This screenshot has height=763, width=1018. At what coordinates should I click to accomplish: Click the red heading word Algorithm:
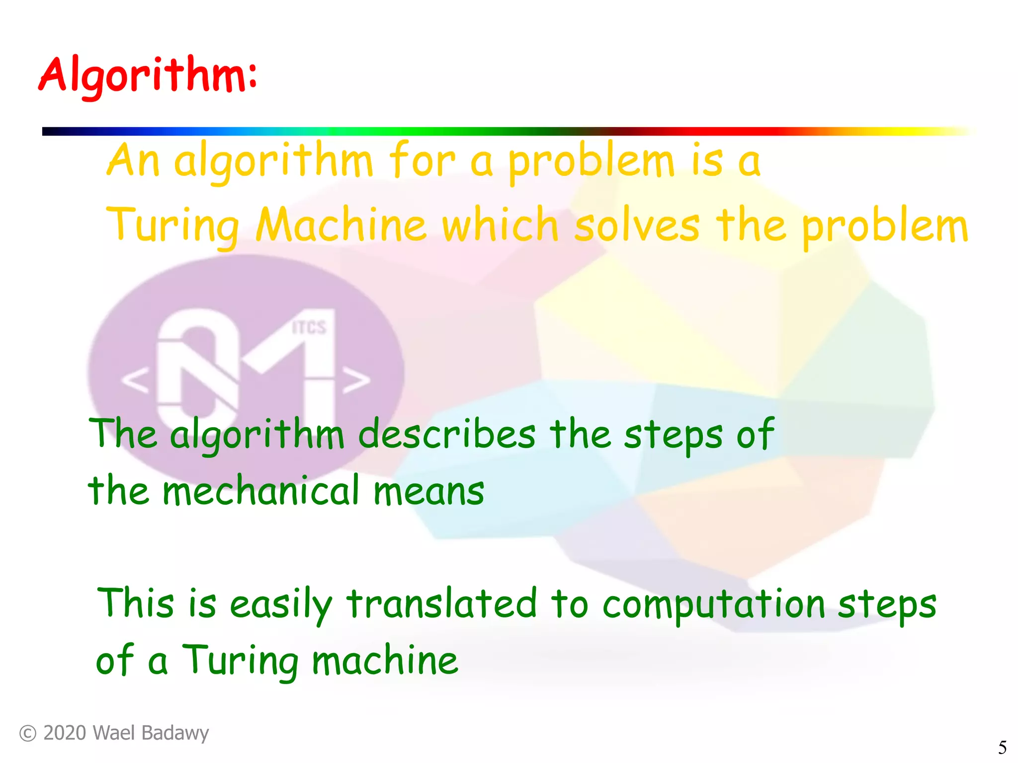pos(148,76)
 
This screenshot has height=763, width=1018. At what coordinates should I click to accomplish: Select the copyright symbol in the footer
pos(28,733)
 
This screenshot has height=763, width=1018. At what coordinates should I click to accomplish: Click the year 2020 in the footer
pos(65,733)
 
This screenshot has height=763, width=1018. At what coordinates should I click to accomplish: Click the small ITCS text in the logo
pos(309,327)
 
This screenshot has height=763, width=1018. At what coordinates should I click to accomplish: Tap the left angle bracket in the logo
pos(135,381)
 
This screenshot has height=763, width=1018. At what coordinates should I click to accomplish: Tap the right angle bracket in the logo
pos(356,381)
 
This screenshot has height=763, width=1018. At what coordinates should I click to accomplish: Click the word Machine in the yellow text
pos(341,225)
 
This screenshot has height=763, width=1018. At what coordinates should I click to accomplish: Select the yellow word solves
pos(637,225)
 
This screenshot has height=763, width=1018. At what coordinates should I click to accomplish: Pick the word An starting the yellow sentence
pos(133,160)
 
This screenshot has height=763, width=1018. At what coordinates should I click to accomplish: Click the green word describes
pos(446,434)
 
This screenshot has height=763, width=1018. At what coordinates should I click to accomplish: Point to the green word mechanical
pos(260,491)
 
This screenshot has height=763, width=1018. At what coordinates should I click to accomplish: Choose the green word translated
pos(441,604)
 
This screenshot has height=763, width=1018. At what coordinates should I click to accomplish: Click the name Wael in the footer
pos(112,733)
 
